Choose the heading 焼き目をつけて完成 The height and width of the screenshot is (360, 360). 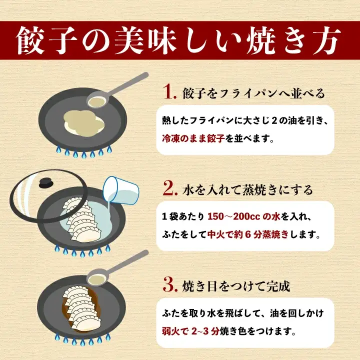pos(235,287)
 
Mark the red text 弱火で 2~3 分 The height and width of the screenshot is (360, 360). pos(192,330)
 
